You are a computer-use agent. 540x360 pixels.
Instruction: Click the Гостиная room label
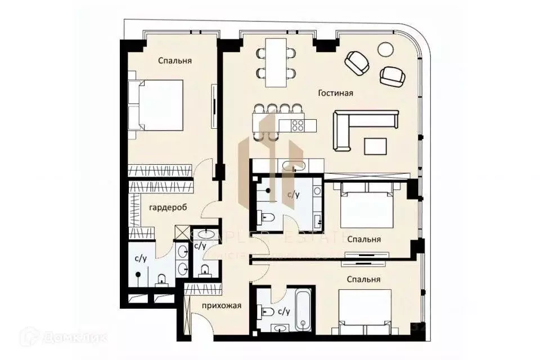(335, 93)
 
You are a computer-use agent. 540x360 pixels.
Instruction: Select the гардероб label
(168, 208)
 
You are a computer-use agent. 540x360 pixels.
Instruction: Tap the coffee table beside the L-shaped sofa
(376, 146)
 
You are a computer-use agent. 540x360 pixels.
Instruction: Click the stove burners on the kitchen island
(297, 125)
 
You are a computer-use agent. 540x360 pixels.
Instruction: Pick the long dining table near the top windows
(276, 62)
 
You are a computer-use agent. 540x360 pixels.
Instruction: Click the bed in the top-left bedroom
(156, 105)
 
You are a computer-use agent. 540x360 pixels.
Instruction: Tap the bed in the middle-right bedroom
(366, 208)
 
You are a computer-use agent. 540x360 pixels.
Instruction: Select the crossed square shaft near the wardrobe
(183, 233)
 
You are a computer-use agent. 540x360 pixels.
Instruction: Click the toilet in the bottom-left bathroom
(162, 279)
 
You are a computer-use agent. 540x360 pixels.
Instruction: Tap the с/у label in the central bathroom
(293, 195)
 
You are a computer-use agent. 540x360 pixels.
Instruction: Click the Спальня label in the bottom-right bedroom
(363, 279)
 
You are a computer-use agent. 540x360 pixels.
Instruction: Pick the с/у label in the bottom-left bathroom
(141, 258)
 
